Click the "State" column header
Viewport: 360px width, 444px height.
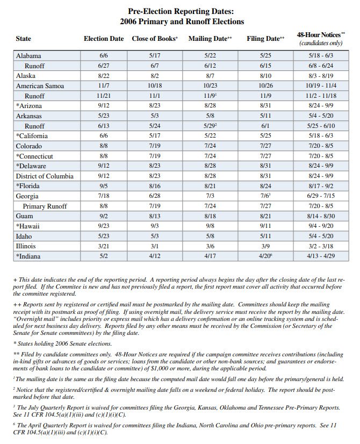24,39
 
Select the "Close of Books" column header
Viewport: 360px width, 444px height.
155,39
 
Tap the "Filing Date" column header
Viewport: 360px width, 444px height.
264,39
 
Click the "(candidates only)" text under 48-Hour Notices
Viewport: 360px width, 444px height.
321,43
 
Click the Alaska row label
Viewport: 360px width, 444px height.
26,76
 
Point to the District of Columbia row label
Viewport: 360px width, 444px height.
47,176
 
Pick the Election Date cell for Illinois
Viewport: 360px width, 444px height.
104,246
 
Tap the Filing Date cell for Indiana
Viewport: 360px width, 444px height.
265,256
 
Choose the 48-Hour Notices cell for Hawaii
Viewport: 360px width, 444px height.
321,226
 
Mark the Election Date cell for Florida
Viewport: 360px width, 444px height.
104,186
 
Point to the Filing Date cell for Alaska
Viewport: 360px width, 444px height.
265,76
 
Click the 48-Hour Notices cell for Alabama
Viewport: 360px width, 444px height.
321,56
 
